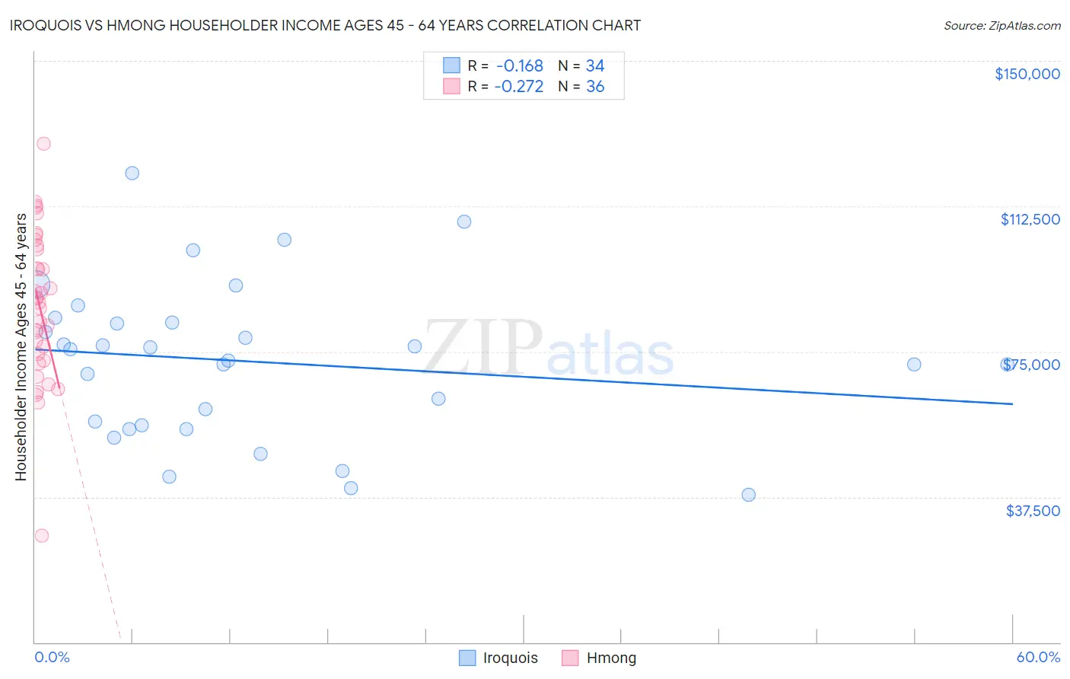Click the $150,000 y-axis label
point(1027,74)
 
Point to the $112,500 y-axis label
point(1030,219)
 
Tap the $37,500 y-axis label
point(1032,511)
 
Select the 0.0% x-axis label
point(52,657)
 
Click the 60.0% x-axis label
point(1037,657)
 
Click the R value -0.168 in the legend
point(519,66)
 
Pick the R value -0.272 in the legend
point(519,87)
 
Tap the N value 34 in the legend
point(595,66)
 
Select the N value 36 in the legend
point(595,87)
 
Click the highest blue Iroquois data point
point(132,173)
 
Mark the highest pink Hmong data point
point(43,144)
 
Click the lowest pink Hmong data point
point(42,536)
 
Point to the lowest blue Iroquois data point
point(748,495)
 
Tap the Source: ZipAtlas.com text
point(1002,26)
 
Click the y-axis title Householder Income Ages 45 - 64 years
point(21,347)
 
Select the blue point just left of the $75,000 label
point(914,365)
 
